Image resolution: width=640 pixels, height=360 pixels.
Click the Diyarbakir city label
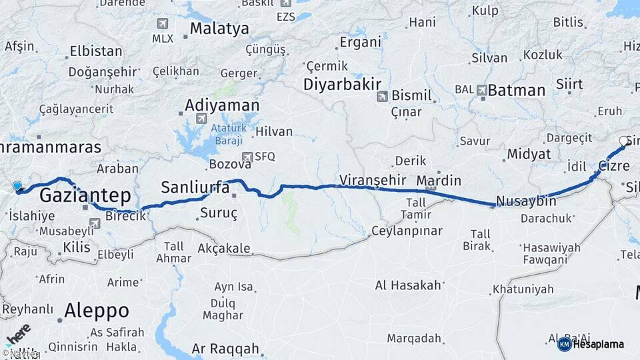[x=342, y=85]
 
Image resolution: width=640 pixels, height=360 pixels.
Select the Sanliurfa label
[x=196, y=188]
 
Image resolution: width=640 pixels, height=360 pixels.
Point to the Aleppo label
[x=97, y=310]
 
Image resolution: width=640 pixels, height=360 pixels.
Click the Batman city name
[x=516, y=90]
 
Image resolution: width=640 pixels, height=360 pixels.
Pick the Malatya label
[x=219, y=29]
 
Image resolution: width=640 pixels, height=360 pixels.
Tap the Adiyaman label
[x=221, y=105]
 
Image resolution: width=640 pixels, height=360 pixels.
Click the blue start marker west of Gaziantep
[x=17, y=187]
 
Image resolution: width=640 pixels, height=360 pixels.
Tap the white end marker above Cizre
[x=623, y=141]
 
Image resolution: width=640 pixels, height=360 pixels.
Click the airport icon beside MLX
[x=161, y=23]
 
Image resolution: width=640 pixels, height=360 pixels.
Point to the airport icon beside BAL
[x=481, y=89]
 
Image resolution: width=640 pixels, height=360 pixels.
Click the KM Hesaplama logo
[x=590, y=344]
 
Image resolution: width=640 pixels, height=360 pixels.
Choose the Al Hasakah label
[x=408, y=285]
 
